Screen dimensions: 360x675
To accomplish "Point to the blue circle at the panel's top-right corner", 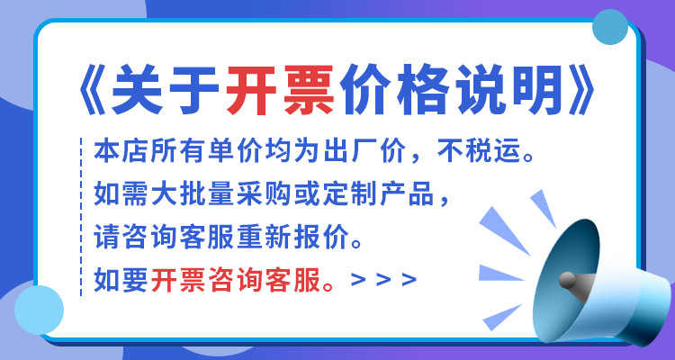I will (611, 29).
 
